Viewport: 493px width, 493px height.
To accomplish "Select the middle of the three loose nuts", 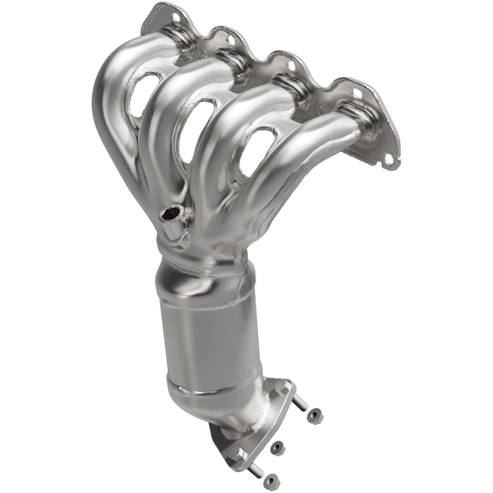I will pyautogui.click(x=278, y=447).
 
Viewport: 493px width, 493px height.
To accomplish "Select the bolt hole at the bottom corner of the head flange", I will pyautogui.click(x=389, y=159).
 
